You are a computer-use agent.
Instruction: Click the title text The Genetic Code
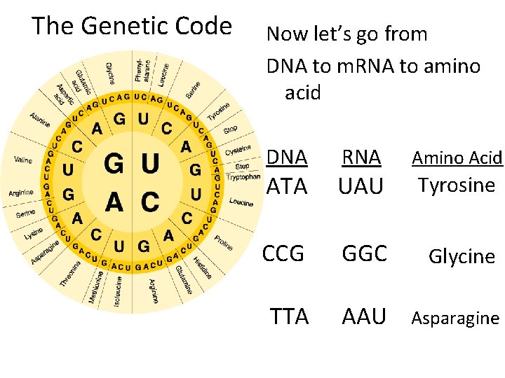(132, 27)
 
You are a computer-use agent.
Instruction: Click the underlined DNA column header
(287, 157)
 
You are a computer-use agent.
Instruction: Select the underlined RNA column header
(361, 157)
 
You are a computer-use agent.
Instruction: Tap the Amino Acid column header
(457, 158)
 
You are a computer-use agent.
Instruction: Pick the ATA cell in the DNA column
(287, 186)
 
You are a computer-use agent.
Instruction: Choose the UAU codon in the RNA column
(361, 186)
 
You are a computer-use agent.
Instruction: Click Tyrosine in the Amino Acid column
(457, 185)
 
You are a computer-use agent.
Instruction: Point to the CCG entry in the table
(283, 253)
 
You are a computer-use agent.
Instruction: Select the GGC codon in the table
(364, 253)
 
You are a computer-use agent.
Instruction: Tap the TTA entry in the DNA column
(290, 316)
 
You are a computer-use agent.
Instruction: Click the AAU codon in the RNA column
(364, 316)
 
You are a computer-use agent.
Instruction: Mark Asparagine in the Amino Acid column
(455, 318)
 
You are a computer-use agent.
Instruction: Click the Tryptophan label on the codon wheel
(244, 177)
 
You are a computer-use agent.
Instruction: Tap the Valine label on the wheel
(22, 160)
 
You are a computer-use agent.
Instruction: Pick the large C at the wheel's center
(149, 202)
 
